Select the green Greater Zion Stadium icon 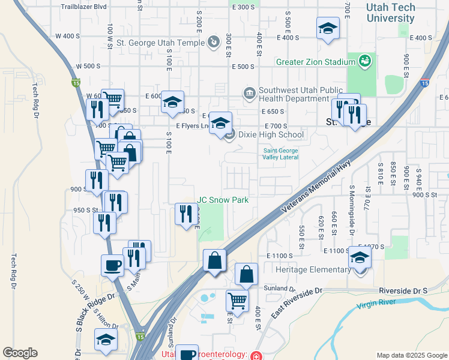coord(364,61)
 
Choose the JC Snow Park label coord(223,200)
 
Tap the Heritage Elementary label coord(313,269)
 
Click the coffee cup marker coord(112,264)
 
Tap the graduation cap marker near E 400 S coord(328,29)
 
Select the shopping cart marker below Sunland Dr coord(238,301)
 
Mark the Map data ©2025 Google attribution coord(411,355)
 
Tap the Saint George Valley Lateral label coord(280,154)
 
